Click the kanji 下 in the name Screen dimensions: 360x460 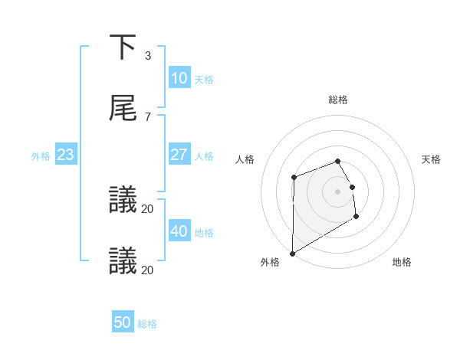point(123,47)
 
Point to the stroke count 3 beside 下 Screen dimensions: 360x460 point(147,56)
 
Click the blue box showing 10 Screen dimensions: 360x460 point(179,78)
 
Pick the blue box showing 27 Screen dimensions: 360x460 point(179,155)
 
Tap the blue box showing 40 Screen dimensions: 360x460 point(179,231)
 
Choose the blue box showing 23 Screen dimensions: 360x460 point(66,155)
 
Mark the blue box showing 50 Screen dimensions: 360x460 point(123,323)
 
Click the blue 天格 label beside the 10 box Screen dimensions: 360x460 point(204,80)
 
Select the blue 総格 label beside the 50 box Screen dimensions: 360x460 point(147,325)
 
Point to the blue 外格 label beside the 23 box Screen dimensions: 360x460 point(41,156)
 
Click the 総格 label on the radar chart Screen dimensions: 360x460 point(338,100)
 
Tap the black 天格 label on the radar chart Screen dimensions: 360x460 point(432,159)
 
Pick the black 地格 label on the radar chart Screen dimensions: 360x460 point(402,262)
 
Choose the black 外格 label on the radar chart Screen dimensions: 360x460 point(270,262)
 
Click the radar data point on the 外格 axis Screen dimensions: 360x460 point(292,253)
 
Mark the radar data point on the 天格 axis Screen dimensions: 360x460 point(352,187)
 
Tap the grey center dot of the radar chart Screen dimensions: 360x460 point(337,191)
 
